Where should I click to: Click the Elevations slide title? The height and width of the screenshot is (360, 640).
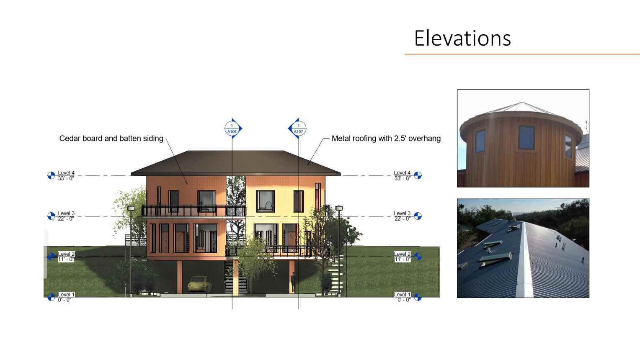click(x=462, y=38)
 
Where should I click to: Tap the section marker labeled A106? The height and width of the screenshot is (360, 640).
click(x=233, y=129)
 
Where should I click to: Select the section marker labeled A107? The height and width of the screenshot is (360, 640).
click(x=298, y=129)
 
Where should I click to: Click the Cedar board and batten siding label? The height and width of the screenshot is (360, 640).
click(x=111, y=139)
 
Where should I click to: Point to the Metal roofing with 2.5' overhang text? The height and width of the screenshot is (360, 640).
click(x=386, y=139)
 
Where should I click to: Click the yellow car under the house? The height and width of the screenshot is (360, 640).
click(x=200, y=284)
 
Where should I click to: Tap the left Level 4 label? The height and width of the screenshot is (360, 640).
click(x=66, y=175)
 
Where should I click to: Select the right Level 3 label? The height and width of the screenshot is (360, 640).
click(x=402, y=216)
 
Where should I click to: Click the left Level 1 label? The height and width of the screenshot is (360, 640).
click(x=66, y=297)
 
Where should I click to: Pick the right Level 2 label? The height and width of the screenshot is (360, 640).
click(x=402, y=256)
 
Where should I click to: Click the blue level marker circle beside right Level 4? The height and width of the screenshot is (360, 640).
click(x=418, y=175)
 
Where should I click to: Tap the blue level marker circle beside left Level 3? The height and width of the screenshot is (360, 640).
click(x=51, y=216)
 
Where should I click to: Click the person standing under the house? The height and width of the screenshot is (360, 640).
click(x=293, y=282)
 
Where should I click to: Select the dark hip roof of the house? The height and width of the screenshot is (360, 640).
click(x=235, y=163)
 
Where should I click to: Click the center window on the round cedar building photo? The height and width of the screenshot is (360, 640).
click(x=526, y=138)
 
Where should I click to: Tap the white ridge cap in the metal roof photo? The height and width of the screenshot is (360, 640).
click(x=524, y=260)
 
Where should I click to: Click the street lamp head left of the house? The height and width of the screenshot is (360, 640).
click(x=131, y=208)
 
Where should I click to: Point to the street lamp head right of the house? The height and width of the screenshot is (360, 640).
click(x=339, y=208)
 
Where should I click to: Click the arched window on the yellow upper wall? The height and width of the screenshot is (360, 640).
click(x=266, y=201)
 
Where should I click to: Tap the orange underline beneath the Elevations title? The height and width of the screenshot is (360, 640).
click(x=522, y=54)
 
